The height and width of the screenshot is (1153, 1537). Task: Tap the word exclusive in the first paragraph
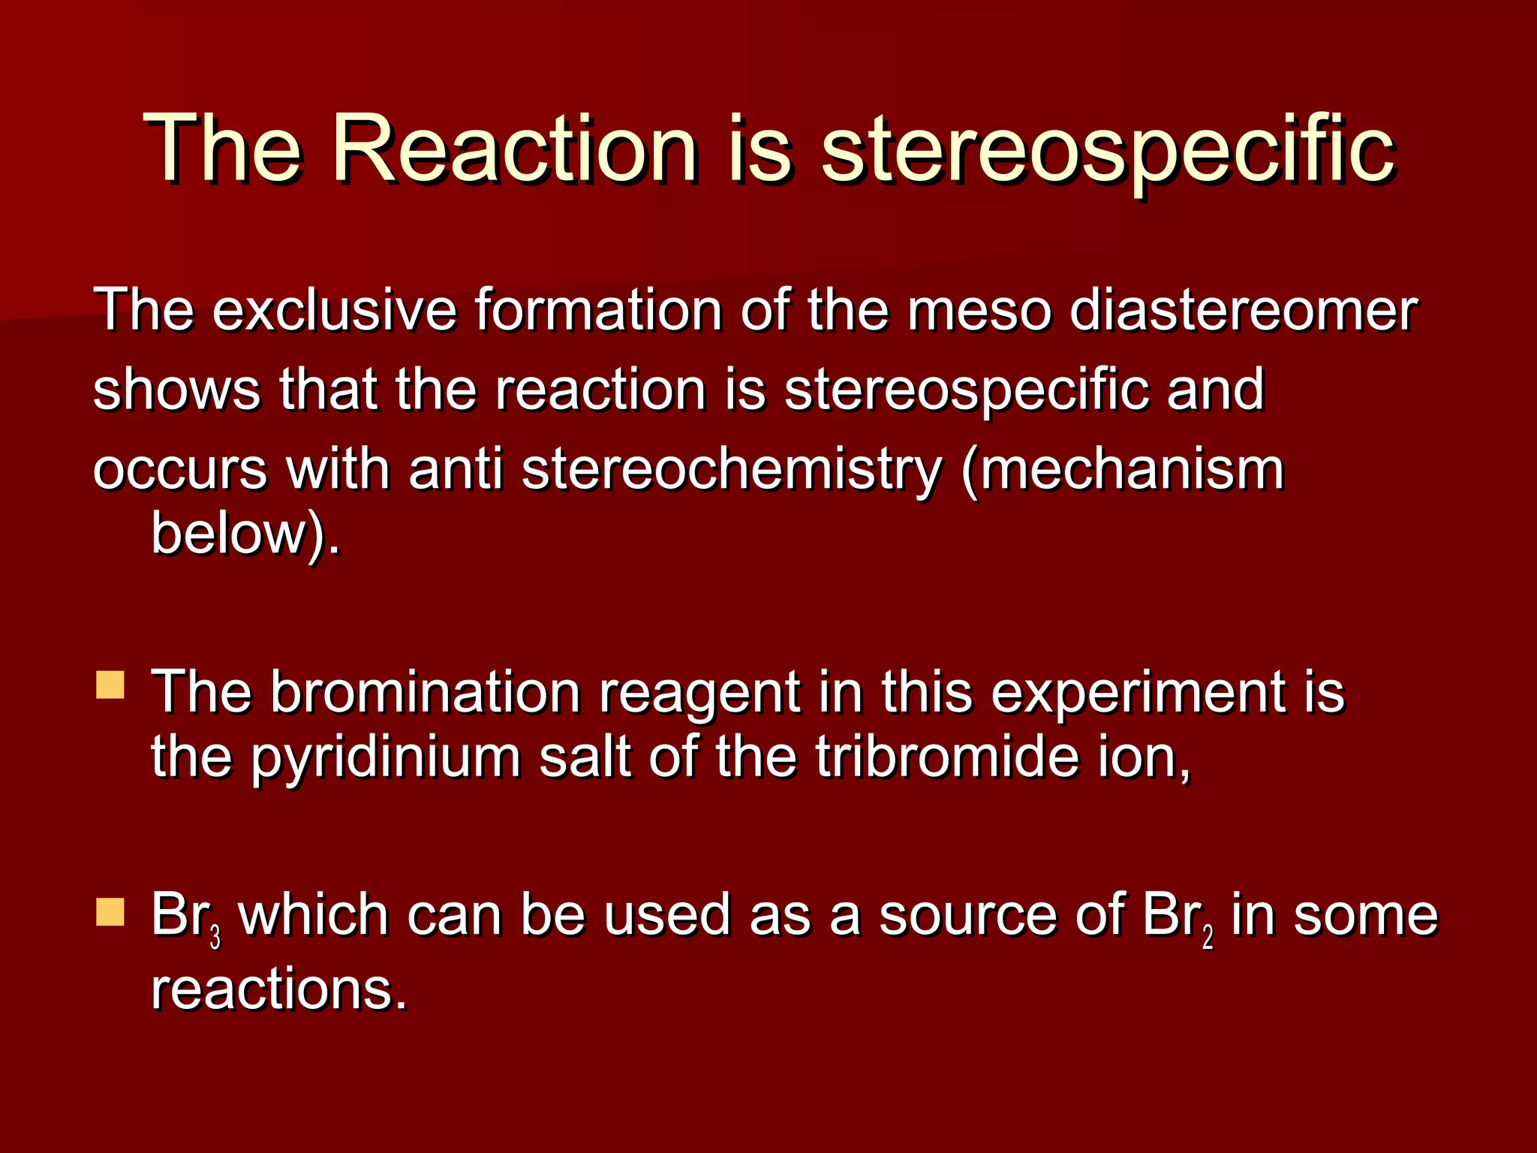coord(334,309)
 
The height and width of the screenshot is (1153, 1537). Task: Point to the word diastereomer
coord(1244,309)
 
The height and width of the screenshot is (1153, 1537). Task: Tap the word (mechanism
coord(1123,471)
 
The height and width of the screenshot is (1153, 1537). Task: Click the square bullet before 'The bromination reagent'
coord(110,685)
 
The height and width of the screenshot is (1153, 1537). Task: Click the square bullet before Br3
coord(110,912)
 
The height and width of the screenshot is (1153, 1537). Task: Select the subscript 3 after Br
coord(215,938)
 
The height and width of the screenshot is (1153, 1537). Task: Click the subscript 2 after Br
coord(1208,938)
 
